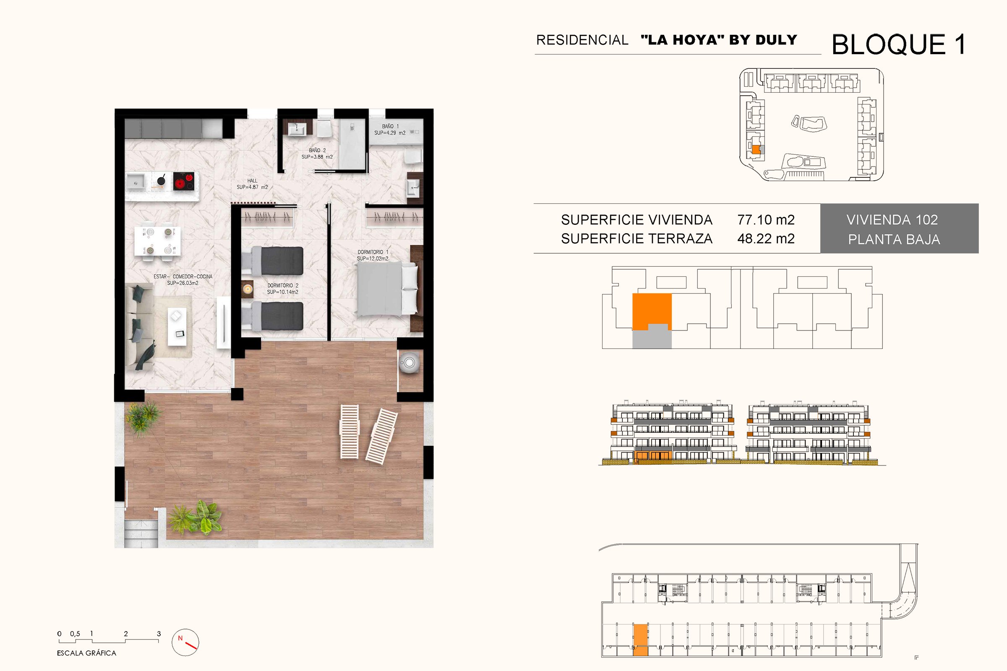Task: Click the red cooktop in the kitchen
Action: click(x=184, y=181)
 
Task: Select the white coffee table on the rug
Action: click(x=177, y=326)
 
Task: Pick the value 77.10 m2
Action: click(x=766, y=220)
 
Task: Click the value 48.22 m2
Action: click(x=766, y=239)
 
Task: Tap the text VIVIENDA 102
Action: click(x=892, y=220)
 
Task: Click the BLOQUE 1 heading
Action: click(x=899, y=44)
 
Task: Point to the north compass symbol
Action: click(x=185, y=642)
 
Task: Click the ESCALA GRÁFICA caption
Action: click(x=86, y=653)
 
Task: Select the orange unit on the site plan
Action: click(x=756, y=150)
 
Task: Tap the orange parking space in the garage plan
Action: click(x=641, y=640)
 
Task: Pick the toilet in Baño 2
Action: click(x=323, y=127)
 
